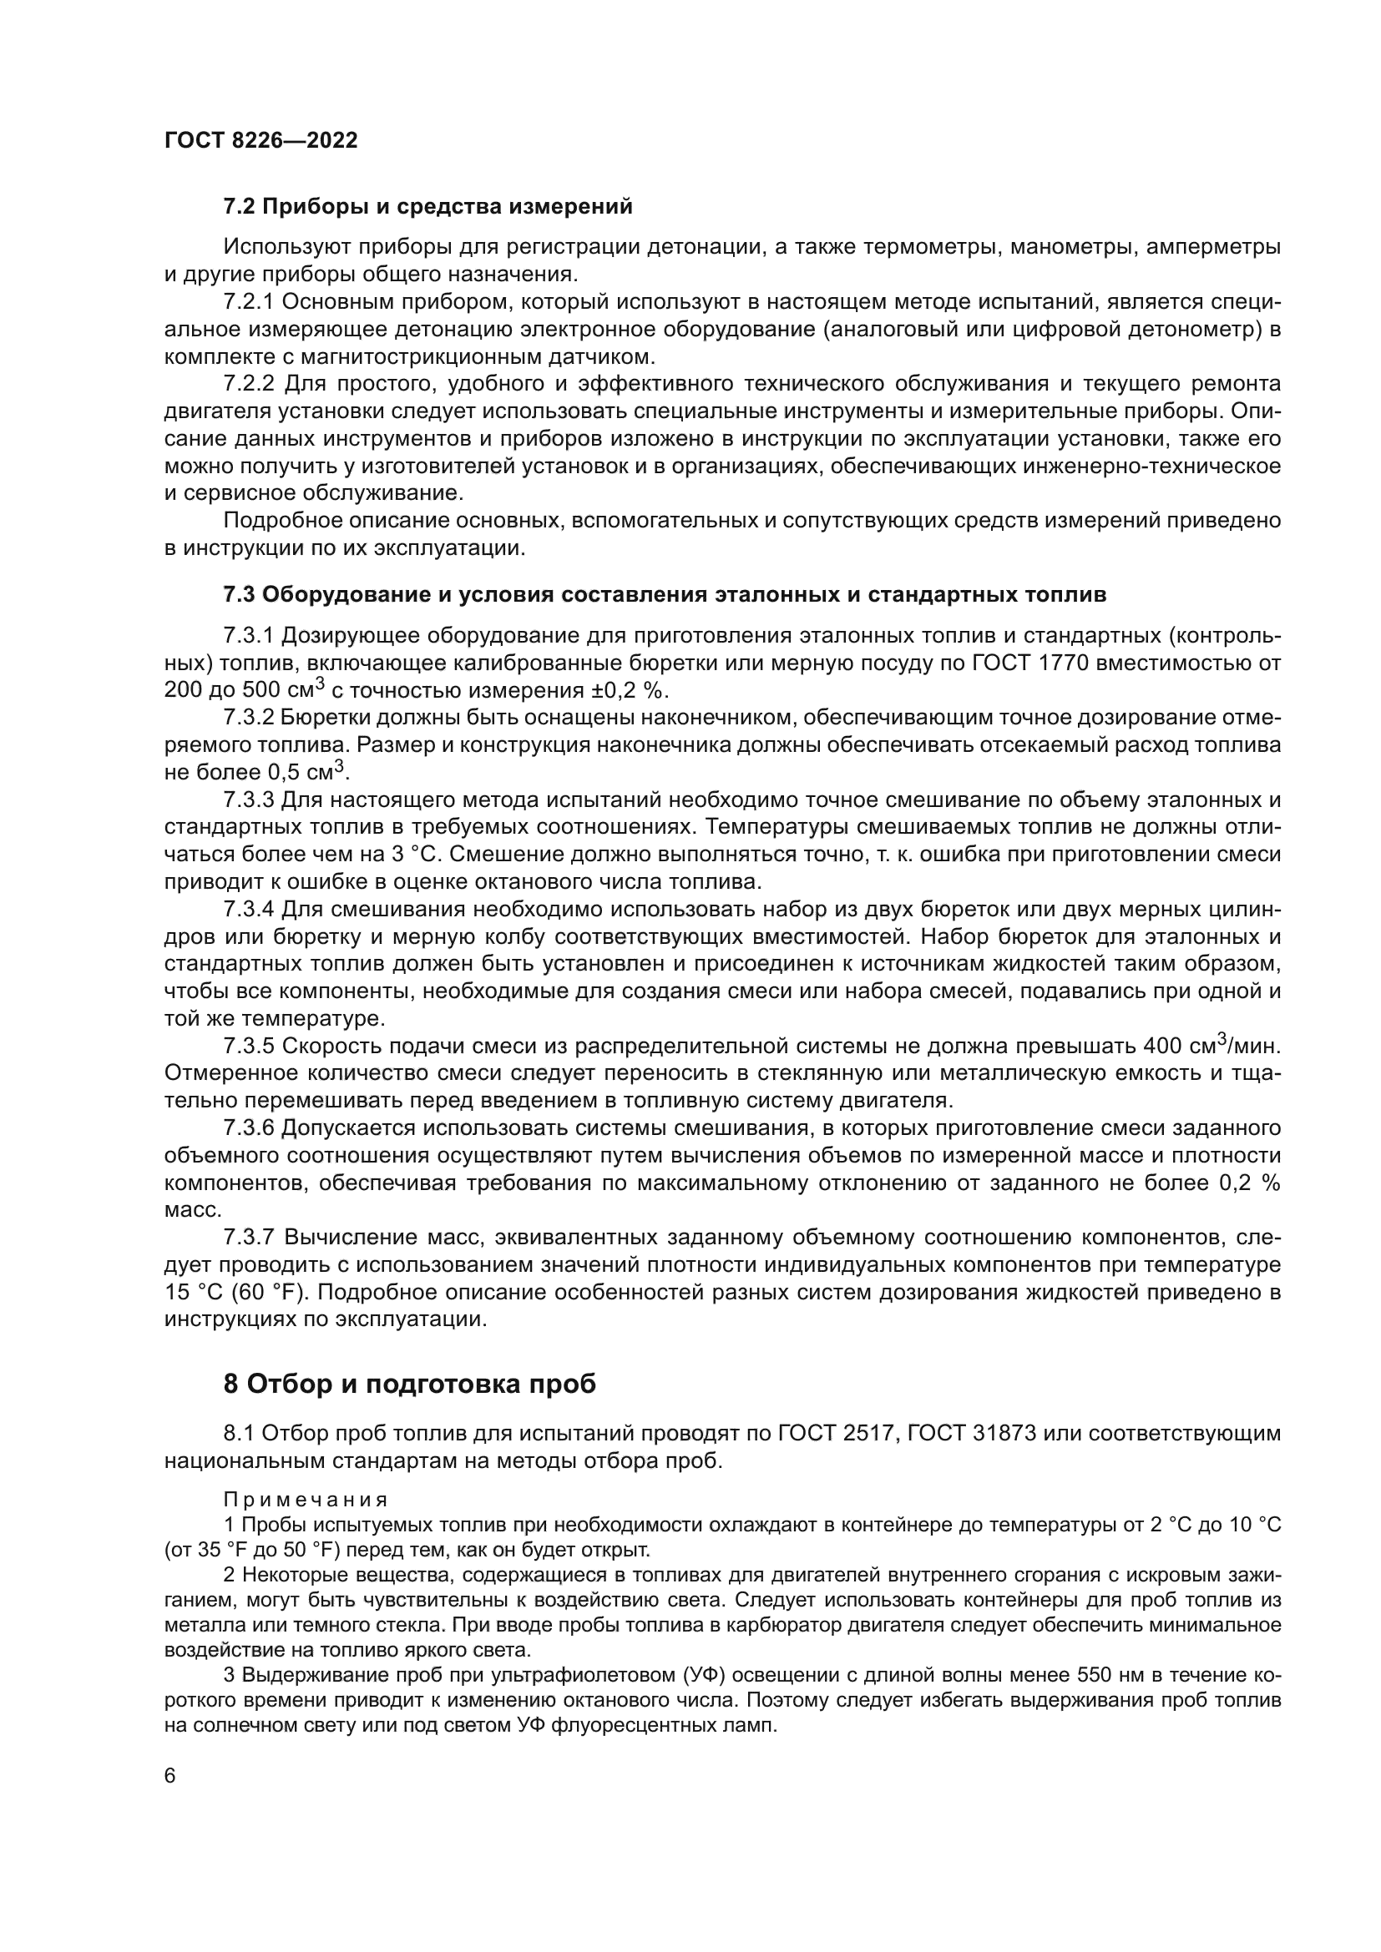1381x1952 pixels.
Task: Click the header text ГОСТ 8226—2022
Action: [x=261, y=141]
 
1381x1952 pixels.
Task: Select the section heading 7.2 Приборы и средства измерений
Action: [x=427, y=207]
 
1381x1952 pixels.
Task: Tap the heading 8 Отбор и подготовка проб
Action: [x=409, y=1384]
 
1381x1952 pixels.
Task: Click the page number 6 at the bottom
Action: [x=170, y=1776]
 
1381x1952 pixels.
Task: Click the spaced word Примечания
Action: [x=306, y=1500]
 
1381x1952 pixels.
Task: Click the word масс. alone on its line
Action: [x=181, y=1210]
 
